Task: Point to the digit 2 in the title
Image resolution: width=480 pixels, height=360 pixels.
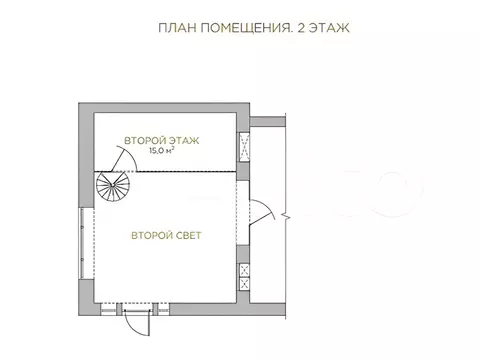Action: pos(288,28)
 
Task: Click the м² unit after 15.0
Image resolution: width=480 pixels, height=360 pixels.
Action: pos(174,152)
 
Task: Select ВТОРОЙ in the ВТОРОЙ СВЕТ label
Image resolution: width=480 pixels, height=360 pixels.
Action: pos(149,236)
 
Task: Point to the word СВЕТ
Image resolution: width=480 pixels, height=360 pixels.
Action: pos(187,236)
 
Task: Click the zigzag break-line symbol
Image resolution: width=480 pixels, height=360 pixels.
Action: pos(287,212)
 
